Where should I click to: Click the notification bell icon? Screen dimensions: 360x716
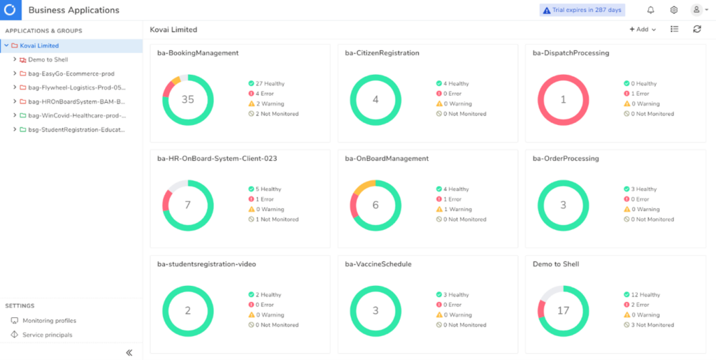[x=650, y=10]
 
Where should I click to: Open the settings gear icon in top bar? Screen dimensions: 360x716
[x=673, y=10]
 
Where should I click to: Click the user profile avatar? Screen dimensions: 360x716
[x=696, y=10]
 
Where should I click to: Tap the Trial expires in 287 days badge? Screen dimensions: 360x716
[x=582, y=10]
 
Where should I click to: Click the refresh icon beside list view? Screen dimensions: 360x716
[x=696, y=29]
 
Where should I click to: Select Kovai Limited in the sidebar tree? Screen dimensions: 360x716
[x=39, y=45]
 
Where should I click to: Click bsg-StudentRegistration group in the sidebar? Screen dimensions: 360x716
[x=76, y=129]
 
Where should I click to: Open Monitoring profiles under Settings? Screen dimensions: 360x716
[x=49, y=320]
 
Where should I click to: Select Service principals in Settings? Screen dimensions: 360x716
[x=47, y=335]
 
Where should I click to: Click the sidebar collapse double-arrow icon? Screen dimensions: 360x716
[x=129, y=352]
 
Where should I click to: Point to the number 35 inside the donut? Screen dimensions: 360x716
[x=187, y=99]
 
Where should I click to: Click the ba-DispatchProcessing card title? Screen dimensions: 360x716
[x=570, y=53]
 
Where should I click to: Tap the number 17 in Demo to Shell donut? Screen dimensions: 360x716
[x=563, y=310]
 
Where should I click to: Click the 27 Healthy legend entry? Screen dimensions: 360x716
[x=265, y=83]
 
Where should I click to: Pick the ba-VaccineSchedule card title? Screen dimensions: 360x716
[x=378, y=264]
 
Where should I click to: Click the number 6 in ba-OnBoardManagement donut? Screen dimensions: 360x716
[x=375, y=205]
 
